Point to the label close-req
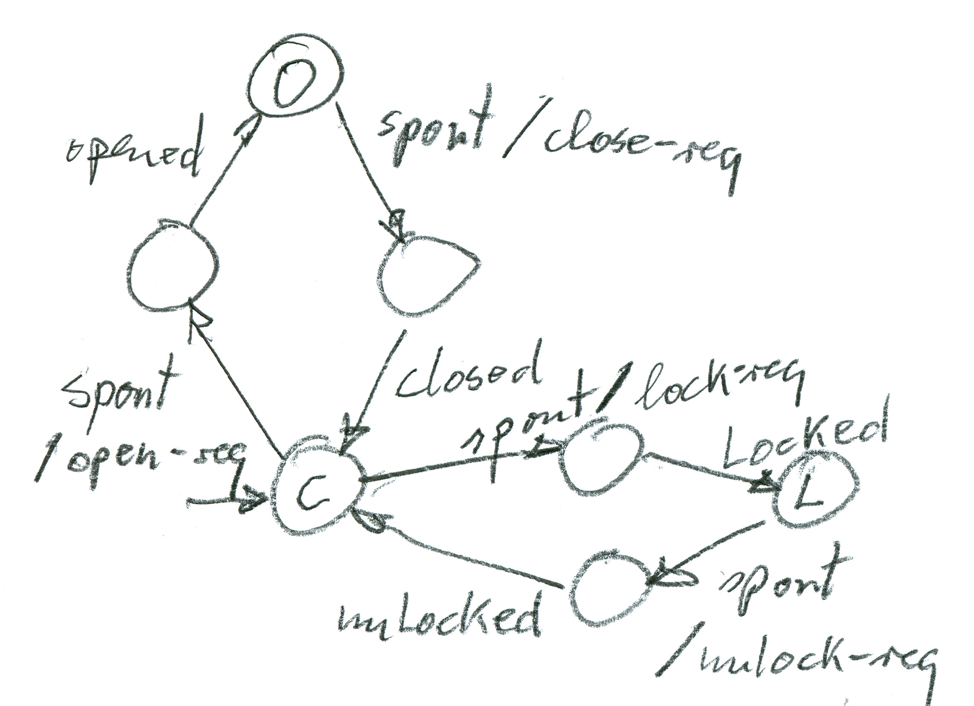(640, 146)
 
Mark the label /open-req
(142, 462)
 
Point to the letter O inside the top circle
(294, 88)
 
